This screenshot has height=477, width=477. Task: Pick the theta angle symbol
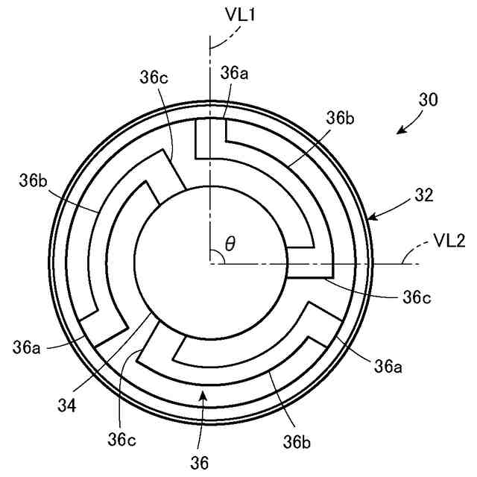point(230,244)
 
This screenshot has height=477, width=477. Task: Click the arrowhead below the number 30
point(401,130)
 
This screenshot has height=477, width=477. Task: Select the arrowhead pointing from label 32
point(370,218)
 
